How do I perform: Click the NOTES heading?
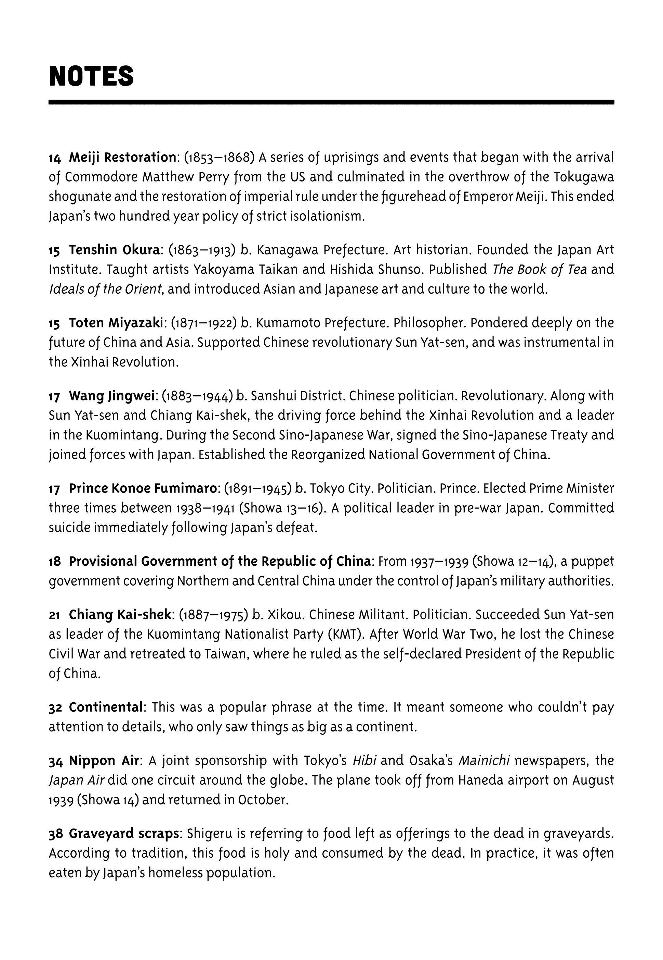(x=91, y=77)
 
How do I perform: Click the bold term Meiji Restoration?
(x=122, y=157)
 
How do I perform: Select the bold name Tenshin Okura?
(x=114, y=250)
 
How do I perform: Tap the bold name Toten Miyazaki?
(x=118, y=323)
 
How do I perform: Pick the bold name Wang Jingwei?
(x=112, y=396)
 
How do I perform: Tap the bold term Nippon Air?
(x=104, y=760)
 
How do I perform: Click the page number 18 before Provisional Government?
(x=55, y=562)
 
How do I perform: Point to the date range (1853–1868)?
(x=219, y=157)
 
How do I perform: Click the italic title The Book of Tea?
(x=540, y=269)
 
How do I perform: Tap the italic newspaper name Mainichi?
(x=485, y=760)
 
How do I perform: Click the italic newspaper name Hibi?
(x=364, y=760)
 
